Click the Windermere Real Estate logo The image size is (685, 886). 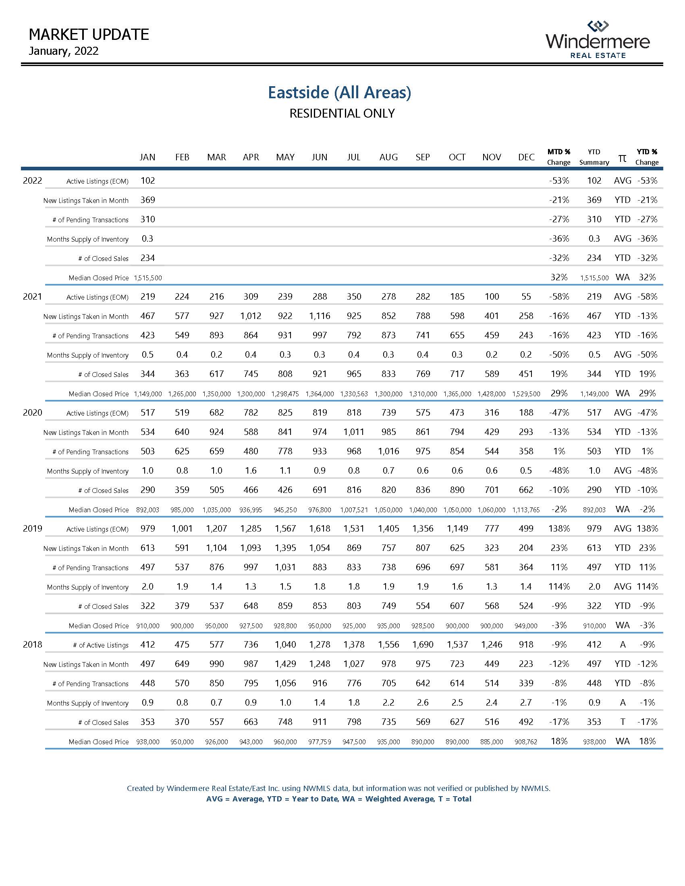597,40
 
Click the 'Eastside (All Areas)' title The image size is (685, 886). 339,93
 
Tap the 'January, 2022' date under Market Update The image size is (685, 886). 64,51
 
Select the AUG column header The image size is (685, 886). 388,157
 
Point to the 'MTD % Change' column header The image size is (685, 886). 558,157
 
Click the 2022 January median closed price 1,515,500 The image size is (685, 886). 148,278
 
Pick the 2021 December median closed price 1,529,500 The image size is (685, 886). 526,394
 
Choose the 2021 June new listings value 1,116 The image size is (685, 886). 320,316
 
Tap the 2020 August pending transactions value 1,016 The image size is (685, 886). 388,451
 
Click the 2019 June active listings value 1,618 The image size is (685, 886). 320,529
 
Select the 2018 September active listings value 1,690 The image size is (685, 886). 422,645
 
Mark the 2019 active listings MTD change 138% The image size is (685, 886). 558,529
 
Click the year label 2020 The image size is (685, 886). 33,412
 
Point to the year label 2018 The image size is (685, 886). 33,645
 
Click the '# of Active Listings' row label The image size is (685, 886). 101,646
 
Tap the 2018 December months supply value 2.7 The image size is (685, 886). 526,703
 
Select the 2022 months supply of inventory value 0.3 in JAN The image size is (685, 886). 147,238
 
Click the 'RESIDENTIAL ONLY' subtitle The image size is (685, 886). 342,114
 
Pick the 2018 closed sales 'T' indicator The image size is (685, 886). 623,722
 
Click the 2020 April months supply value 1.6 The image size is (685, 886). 251,470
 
